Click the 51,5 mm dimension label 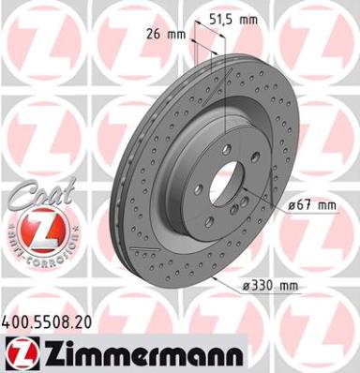233,20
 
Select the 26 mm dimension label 166,34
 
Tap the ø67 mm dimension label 312,205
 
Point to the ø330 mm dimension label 271,286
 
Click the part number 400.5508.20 47,322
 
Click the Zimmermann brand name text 142,352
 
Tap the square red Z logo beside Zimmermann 22,352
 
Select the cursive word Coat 42,193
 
